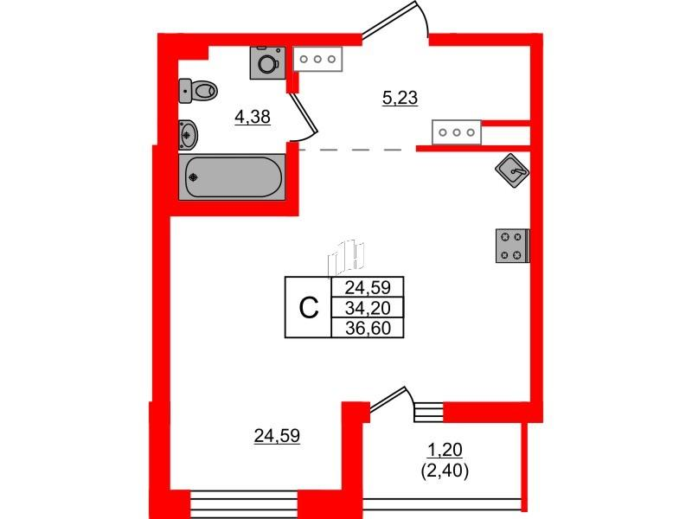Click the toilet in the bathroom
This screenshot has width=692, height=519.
click(x=198, y=91)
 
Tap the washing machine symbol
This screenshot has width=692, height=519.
click(x=267, y=63)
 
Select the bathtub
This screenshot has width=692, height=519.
click(x=232, y=177)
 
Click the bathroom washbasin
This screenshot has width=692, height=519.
click(x=189, y=134)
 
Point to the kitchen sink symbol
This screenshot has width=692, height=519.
click(x=512, y=170)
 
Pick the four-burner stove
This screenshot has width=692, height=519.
click(x=512, y=246)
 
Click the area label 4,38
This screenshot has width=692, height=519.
click(x=253, y=118)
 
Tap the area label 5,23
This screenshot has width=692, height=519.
click(x=400, y=98)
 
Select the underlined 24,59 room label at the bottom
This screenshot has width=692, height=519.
click(x=277, y=436)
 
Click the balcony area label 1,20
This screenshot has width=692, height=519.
click(x=445, y=450)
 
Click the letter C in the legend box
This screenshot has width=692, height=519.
click(x=309, y=308)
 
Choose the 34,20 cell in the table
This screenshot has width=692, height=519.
click(x=368, y=308)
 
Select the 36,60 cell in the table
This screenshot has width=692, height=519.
click(x=368, y=328)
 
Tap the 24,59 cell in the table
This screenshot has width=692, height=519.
click(x=368, y=288)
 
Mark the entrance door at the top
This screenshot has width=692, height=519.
click(x=396, y=20)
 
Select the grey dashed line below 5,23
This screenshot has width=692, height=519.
click(x=356, y=150)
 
